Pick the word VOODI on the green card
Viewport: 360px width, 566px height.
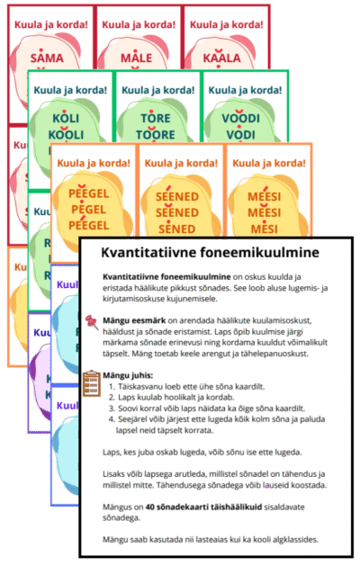[237, 120]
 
